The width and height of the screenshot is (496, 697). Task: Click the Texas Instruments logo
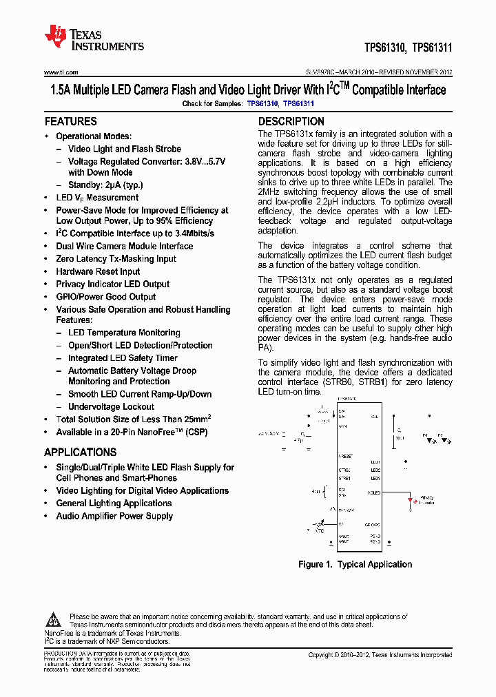(94, 39)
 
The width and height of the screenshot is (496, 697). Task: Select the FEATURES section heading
(70, 121)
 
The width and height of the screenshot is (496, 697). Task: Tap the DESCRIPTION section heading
(291, 121)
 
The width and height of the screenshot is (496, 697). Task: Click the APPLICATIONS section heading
(80, 452)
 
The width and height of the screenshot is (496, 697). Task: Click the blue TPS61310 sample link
(262, 104)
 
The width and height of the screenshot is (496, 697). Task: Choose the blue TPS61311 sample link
(298, 104)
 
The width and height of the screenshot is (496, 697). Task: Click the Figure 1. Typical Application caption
(355, 565)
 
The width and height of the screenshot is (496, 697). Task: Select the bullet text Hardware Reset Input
(98, 271)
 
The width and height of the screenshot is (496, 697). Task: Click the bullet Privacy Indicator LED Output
(112, 284)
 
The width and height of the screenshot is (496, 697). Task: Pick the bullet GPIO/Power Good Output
(106, 297)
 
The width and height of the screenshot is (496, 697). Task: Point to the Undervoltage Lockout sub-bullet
(111, 407)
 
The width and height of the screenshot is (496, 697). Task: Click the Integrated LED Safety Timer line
(123, 358)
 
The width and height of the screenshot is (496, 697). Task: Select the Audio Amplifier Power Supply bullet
(114, 516)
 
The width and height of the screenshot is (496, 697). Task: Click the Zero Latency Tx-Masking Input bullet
(116, 259)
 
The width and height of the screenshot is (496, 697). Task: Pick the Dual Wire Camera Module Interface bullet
(124, 246)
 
